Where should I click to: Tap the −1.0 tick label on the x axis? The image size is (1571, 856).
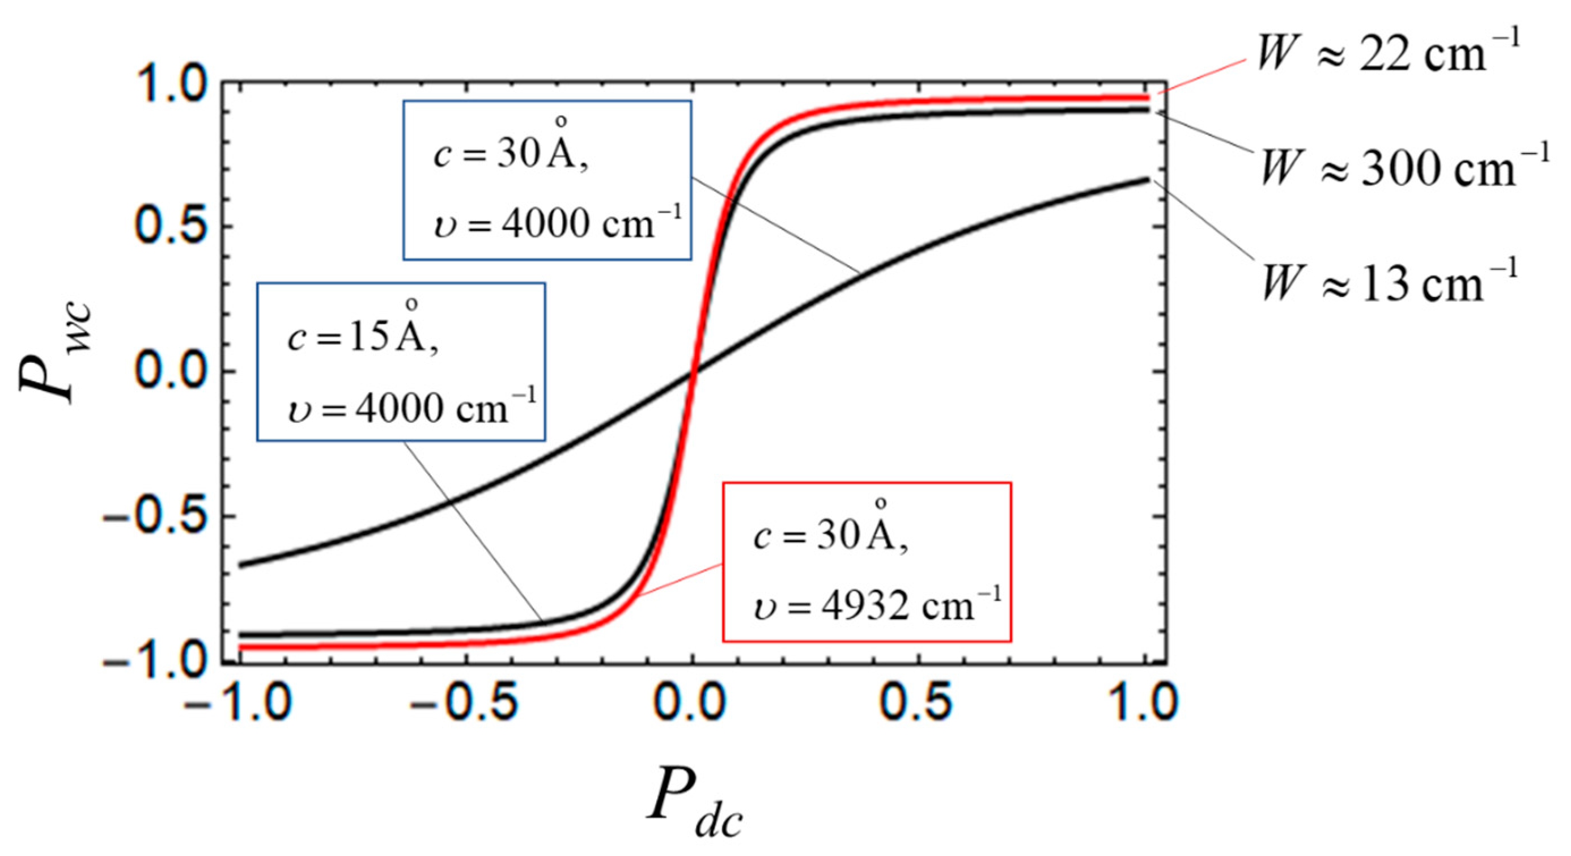[239, 704]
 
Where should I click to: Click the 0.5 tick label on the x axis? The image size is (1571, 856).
[918, 704]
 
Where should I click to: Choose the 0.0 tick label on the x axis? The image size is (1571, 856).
[691, 704]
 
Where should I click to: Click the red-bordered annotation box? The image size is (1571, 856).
[867, 562]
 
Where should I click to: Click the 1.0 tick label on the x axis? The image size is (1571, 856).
[1144, 704]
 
